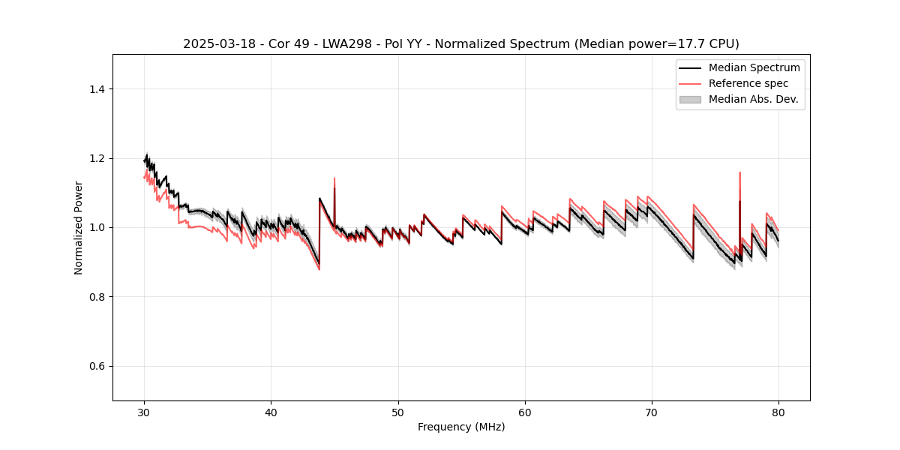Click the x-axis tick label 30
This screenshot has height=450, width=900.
tap(144, 412)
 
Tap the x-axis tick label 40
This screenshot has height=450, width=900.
tap(271, 412)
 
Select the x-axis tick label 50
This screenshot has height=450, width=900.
tap(398, 412)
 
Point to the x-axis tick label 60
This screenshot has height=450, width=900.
tap(525, 412)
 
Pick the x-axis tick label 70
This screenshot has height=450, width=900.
tap(652, 412)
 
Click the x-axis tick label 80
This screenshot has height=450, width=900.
tap(778, 412)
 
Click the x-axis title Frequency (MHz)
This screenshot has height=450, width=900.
tap(461, 427)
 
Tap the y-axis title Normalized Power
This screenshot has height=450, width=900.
tap(78, 227)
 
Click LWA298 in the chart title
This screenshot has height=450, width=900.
tap(349, 44)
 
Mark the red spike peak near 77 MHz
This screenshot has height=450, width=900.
tap(739, 172)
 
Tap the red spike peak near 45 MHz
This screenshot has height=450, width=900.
tap(334, 178)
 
